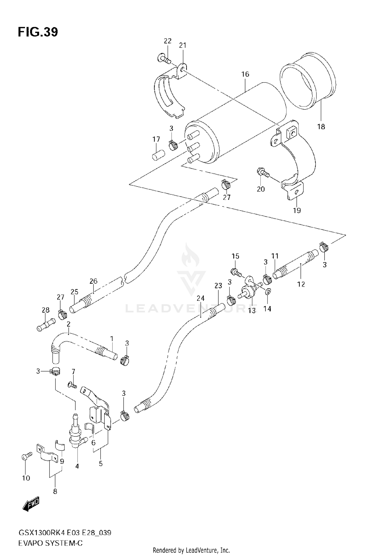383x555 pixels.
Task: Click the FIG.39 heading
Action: pyautogui.click(x=38, y=32)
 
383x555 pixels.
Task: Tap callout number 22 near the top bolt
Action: pyautogui.click(x=167, y=41)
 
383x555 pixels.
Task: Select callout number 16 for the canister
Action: pyautogui.click(x=245, y=74)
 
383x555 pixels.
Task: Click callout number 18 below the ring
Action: pyautogui.click(x=321, y=126)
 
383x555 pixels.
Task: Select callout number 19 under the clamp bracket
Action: pyautogui.click(x=297, y=211)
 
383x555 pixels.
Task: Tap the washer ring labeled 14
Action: pyautogui.click(x=267, y=291)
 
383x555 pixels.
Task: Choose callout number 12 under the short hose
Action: pyautogui.click(x=301, y=284)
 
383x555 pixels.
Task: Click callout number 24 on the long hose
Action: pyautogui.click(x=201, y=298)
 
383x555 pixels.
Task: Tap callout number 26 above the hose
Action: pyautogui.click(x=93, y=281)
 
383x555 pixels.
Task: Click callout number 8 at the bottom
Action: pyautogui.click(x=55, y=491)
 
